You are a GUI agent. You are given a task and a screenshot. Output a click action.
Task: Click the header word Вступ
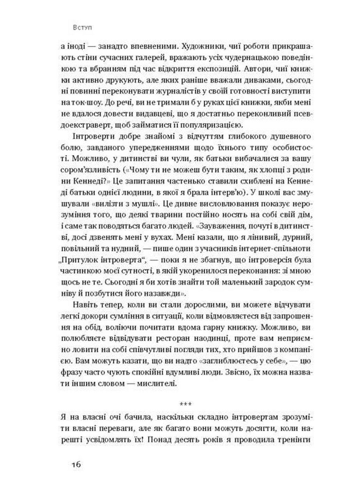(83, 28)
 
